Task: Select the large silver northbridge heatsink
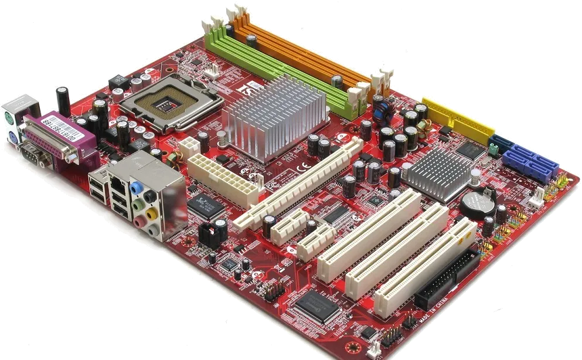(274, 117)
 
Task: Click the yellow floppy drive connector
(459, 121)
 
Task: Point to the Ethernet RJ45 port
(118, 185)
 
